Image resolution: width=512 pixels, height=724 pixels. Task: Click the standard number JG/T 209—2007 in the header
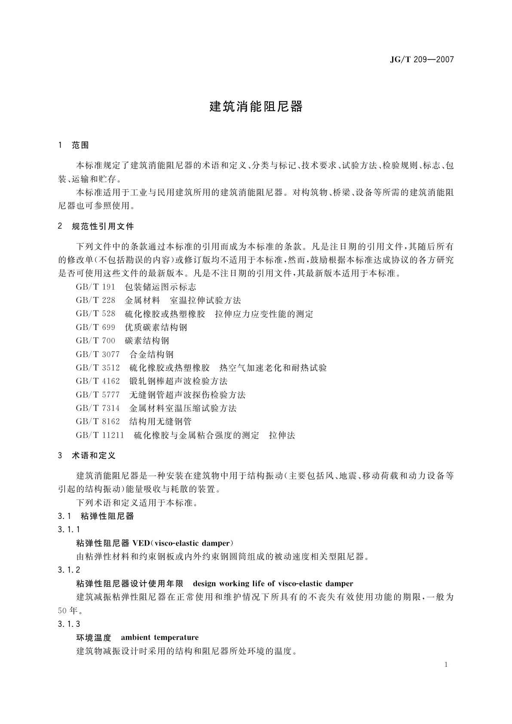[422, 60]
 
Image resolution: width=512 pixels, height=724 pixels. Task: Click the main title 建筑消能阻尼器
[256, 107]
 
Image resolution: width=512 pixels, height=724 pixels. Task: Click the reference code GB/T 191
[95, 287]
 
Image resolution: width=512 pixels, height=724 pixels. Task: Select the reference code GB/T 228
[95, 301]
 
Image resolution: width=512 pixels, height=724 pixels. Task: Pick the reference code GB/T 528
[95, 314]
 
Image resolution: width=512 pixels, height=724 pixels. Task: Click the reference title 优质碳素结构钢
[156, 328]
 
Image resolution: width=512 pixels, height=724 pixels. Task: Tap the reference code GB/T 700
[95, 341]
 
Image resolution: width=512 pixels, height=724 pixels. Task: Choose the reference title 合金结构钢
[151, 355]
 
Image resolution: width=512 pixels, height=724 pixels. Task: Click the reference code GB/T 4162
[98, 381]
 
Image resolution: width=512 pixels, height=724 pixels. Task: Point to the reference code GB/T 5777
[98, 395]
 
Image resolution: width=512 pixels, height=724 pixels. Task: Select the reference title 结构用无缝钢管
[160, 422]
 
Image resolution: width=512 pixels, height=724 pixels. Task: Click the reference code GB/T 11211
[100, 436]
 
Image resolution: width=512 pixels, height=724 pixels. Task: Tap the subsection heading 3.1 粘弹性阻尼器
[95, 516]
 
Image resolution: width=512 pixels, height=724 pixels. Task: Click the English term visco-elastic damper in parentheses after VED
[193, 543]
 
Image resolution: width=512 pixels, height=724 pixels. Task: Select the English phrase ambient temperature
[159, 637]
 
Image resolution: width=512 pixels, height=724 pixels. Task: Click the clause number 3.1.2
[69, 570]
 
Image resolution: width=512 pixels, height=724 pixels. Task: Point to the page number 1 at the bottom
[446, 665]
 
